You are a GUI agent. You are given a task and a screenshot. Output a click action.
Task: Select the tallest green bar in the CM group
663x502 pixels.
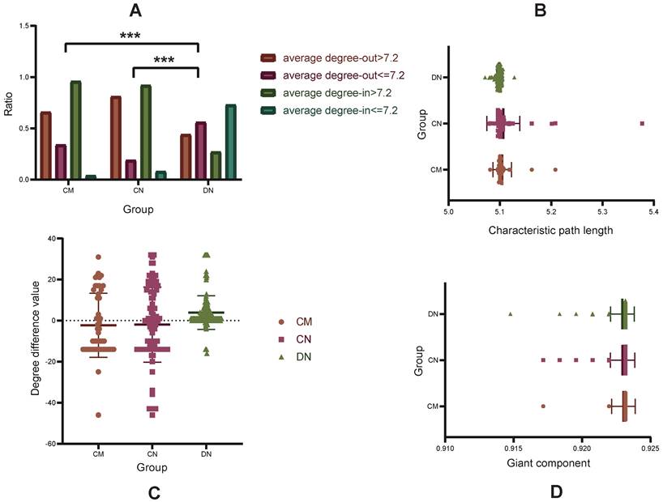[x=75, y=130]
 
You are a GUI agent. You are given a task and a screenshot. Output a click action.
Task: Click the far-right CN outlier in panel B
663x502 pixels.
[x=642, y=123]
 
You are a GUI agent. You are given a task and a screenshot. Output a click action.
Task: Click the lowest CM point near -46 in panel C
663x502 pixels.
[x=98, y=415]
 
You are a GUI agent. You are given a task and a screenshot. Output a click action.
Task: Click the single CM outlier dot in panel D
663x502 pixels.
[x=543, y=406]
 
